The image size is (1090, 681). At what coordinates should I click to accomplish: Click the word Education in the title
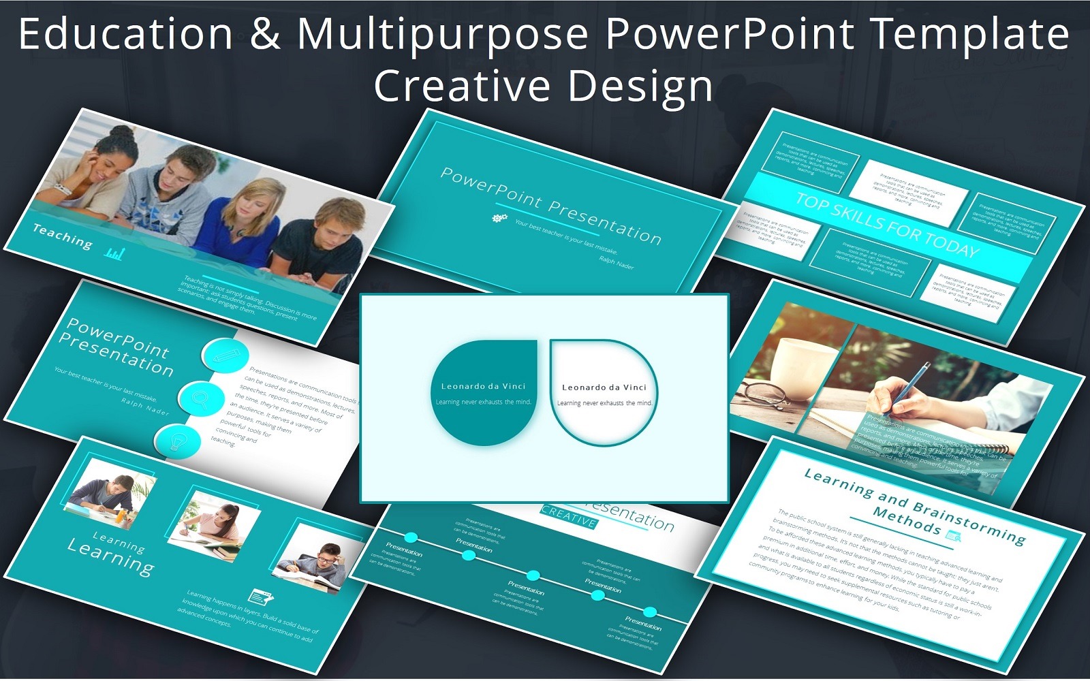pyautogui.click(x=126, y=34)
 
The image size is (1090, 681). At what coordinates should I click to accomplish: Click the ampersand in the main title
pyautogui.click(x=265, y=34)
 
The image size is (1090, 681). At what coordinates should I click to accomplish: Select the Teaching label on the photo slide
pyautogui.click(x=62, y=236)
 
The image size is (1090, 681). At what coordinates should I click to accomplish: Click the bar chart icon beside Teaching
pyautogui.click(x=114, y=254)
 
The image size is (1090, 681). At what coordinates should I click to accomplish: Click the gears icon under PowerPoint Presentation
pyautogui.click(x=499, y=218)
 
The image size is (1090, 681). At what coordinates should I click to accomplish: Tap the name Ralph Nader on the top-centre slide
pyautogui.click(x=616, y=262)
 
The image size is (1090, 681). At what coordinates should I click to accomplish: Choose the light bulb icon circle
pyautogui.click(x=177, y=440)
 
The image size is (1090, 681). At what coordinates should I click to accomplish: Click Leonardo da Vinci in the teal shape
pyautogui.click(x=483, y=386)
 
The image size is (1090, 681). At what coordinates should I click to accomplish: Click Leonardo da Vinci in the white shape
pyautogui.click(x=604, y=387)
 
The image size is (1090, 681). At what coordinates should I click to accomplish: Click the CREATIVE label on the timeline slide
pyautogui.click(x=568, y=516)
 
